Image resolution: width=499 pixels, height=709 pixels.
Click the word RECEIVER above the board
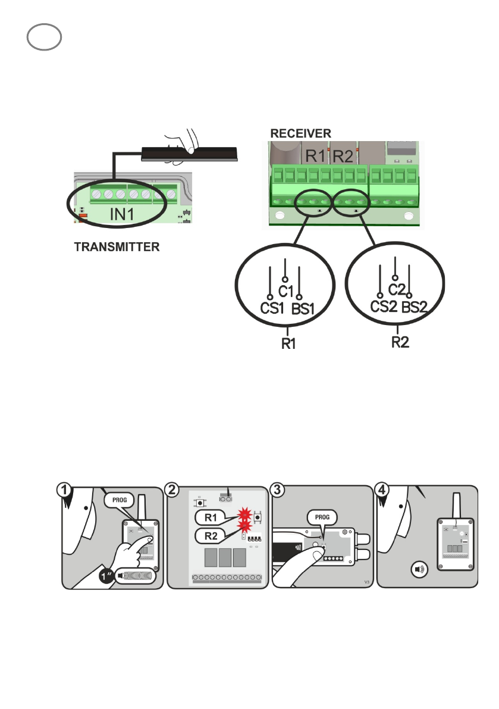point(301,132)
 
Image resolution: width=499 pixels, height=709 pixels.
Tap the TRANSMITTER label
point(117,246)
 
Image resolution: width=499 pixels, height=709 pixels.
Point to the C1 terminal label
point(287,291)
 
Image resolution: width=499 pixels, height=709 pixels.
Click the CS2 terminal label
point(383,308)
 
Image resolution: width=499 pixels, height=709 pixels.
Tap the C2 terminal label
point(397,289)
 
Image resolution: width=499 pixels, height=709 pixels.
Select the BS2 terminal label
point(415,308)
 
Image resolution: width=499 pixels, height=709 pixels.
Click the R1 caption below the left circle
point(288,344)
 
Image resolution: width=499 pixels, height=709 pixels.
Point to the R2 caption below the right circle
point(399,343)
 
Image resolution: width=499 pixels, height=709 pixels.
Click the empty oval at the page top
point(44,37)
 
